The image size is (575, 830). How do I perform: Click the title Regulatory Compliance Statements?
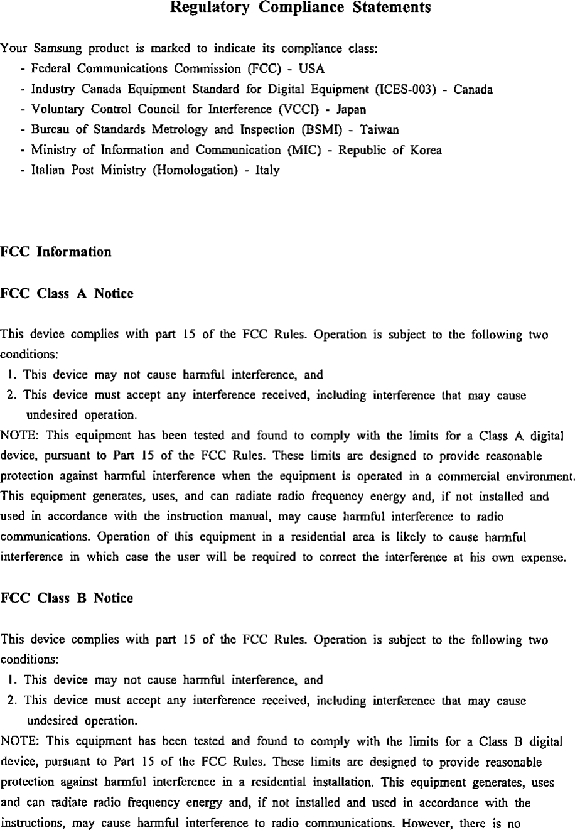(301, 8)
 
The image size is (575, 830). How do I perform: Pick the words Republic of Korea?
(390, 150)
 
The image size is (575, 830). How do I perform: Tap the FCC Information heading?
(56, 252)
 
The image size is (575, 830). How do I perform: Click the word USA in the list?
(311, 69)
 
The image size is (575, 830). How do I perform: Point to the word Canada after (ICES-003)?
(473, 89)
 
